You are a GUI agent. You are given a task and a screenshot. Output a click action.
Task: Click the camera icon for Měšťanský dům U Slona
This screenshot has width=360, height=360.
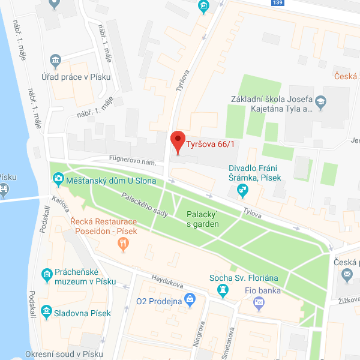pos(58,178)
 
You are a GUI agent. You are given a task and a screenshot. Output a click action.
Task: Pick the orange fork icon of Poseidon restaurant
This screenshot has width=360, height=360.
pos(124,243)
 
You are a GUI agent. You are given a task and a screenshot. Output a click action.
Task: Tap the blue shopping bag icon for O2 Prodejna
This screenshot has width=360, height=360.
pos(190,298)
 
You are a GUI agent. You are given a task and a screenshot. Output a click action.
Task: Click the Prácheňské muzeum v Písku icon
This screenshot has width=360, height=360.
pos(46,275)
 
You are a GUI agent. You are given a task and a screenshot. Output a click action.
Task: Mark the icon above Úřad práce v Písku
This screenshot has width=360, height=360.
pos(56,60)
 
